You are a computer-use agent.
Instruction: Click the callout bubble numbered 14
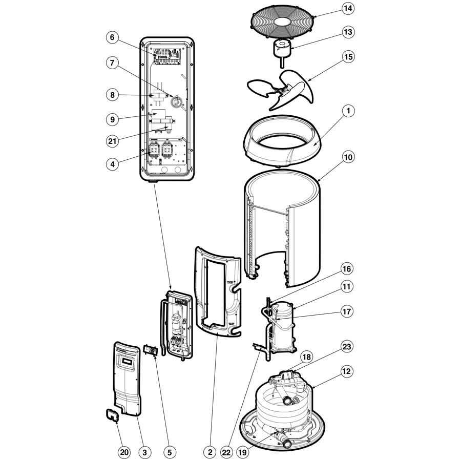tap(348, 9)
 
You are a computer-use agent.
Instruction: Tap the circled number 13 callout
tap(348, 32)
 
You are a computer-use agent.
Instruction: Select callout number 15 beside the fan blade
tap(348, 56)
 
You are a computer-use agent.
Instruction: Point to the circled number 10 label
tap(348, 157)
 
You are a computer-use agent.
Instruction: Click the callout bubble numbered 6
tap(113, 37)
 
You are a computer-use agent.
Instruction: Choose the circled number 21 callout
tap(113, 140)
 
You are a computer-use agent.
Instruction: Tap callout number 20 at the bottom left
tap(124, 452)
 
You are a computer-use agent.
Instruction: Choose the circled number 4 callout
tap(113, 164)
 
